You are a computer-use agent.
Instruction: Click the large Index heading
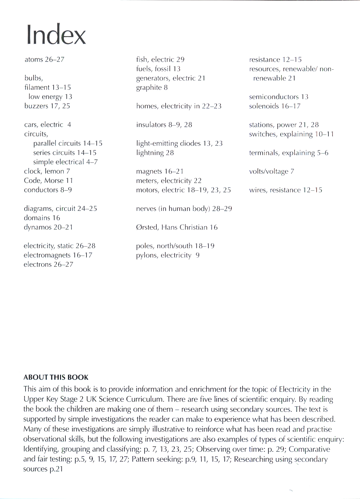(x=56, y=35)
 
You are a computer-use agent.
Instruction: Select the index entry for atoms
(x=44, y=59)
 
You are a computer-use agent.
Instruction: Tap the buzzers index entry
(x=47, y=106)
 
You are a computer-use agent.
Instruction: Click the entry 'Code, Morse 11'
(x=49, y=180)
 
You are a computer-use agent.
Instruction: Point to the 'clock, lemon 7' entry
(x=47, y=171)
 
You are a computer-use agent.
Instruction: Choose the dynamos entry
(x=48, y=227)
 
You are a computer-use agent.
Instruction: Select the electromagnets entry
(x=58, y=255)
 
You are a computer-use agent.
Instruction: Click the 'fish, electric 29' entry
(x=160, y=59)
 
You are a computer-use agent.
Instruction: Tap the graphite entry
(x=152, y=88)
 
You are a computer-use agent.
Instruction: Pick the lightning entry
(x=155, y=153)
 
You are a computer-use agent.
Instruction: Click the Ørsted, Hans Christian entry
(x=177, y=227)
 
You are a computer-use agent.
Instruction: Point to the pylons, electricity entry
(x=168, y=255)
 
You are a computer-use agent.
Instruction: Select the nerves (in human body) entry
(x=184, y=209)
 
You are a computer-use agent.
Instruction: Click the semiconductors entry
(x=279, y=97)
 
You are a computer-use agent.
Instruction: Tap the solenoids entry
(x=274, y=106)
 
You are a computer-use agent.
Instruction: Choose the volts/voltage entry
(x=271, y=172)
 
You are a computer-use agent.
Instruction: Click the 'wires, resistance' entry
(x=286, y=190)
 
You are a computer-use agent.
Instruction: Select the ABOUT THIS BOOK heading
(x=56, y=377)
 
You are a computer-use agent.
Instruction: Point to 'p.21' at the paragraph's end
(x=56, y=469)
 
